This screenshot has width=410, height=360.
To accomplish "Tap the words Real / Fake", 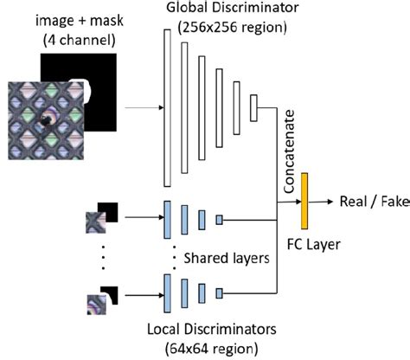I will [364, 199].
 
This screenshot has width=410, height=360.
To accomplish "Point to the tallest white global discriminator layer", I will [164, 110].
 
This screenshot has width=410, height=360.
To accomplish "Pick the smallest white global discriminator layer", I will [253, 109].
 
